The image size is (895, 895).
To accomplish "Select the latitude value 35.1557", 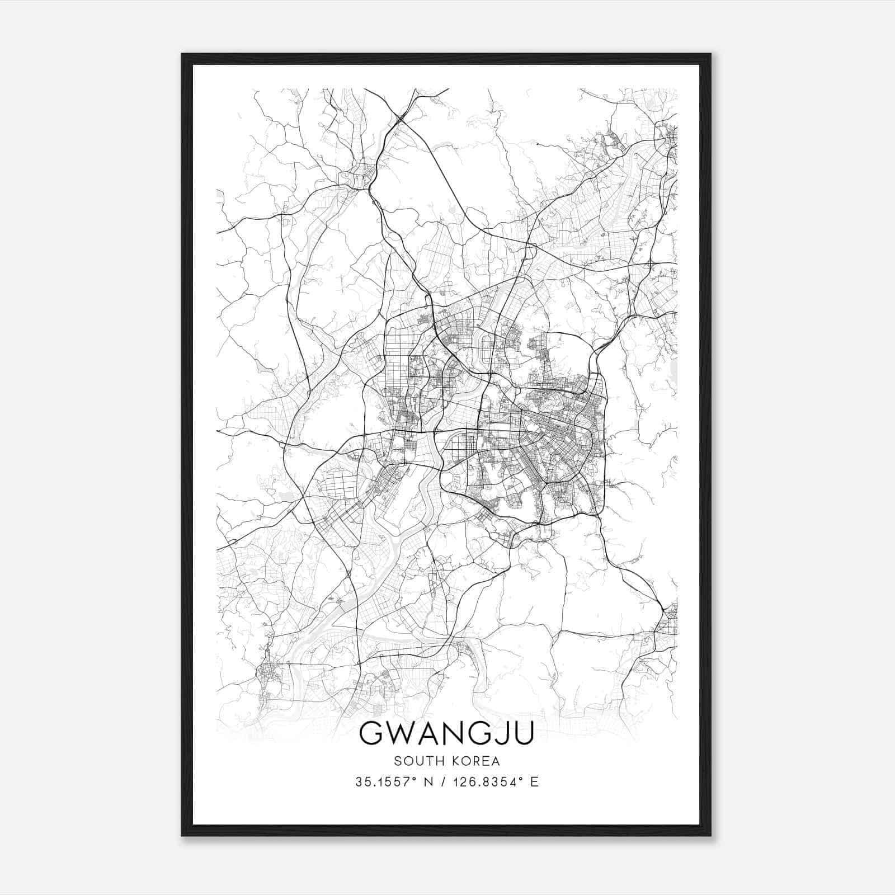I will click(380, 782).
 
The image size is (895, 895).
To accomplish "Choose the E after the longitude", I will click(535, 782).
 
